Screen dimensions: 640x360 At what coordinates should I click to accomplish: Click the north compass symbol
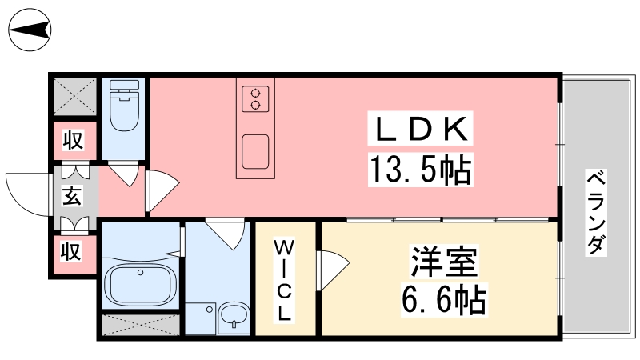[30, 30]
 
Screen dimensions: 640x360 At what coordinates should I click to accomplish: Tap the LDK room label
[421, 128]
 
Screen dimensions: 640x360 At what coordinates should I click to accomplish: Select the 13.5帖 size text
[421, 170]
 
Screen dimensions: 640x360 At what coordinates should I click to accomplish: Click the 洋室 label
[444, 262]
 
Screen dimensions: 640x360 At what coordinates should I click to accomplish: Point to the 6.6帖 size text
[444, 301]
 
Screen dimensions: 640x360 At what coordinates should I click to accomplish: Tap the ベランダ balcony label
[596, 212]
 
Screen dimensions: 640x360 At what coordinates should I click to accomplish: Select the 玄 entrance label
[72, 195]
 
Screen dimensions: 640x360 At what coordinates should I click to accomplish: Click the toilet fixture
[125, 106]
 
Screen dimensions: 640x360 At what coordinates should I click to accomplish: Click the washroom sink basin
[233, 315]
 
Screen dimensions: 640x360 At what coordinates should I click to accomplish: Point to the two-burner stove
[255, 98]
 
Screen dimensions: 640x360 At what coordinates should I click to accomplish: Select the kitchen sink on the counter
[255, 151]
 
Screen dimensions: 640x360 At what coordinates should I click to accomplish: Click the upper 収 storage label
[74, 140]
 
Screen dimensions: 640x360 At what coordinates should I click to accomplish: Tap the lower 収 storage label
[71, 250]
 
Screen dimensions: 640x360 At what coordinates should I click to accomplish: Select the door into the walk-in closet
[333, 270]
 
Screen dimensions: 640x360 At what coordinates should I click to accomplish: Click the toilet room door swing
[126, 174]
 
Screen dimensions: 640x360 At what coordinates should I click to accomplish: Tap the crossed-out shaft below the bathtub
[141, 325]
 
